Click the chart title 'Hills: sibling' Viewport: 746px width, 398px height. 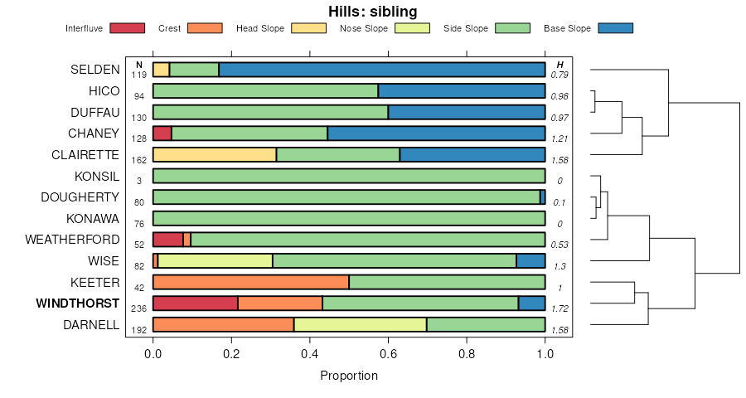pyautogui.click(x=372, y=12)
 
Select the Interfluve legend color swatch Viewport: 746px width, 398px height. pyautogui.click(x=126, y=28)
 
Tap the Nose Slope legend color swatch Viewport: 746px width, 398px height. pyautogui.click(x=412, y=28)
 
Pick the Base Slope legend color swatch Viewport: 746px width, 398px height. pyautogui.click(x=615, y=28)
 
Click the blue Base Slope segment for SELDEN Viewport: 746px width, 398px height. pyautogui.click(x=381, y=70)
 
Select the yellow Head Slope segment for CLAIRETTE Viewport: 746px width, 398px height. pyautogui.click(x=214, y=154)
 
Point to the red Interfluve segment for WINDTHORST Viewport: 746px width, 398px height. pyautogui.click(x=195, y=303)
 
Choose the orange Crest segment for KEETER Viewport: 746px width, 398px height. pyautogui.click(x=250, y=282)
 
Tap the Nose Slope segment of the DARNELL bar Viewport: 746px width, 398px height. pyautogui.click(x=360, y=325)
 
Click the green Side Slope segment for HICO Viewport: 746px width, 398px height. pyautogui.click(x=265, y=91)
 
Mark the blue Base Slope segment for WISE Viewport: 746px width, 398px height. pyautogui.click(x=530, y=260)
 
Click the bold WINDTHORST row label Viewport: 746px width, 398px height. pyautogui.click(x=78, y=303)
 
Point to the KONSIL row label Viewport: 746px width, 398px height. pyautogui.click(x=97, y=176)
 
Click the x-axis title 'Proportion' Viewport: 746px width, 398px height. pyautogui.click(x=349, y=376)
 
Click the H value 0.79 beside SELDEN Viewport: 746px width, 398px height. pyautogui.click(x=560, y=75)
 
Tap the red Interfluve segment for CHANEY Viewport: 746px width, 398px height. pyautogui.click(x=162, y=133)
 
